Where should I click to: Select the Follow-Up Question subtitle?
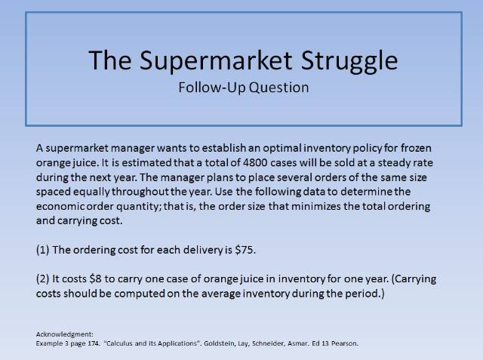[243, 87]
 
